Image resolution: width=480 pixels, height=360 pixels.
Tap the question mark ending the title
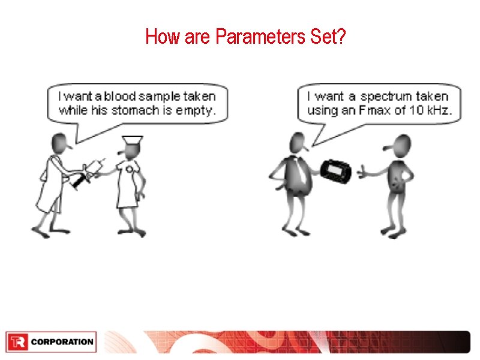(x=341, y=38)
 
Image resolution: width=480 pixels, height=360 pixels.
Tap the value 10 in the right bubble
(x=419, y=110)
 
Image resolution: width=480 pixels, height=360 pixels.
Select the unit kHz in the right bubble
(x=439, y=110)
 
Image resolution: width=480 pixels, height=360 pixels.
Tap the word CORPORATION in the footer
(x=62, y=342)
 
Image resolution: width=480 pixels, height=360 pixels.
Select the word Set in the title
(x=324, y=38)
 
